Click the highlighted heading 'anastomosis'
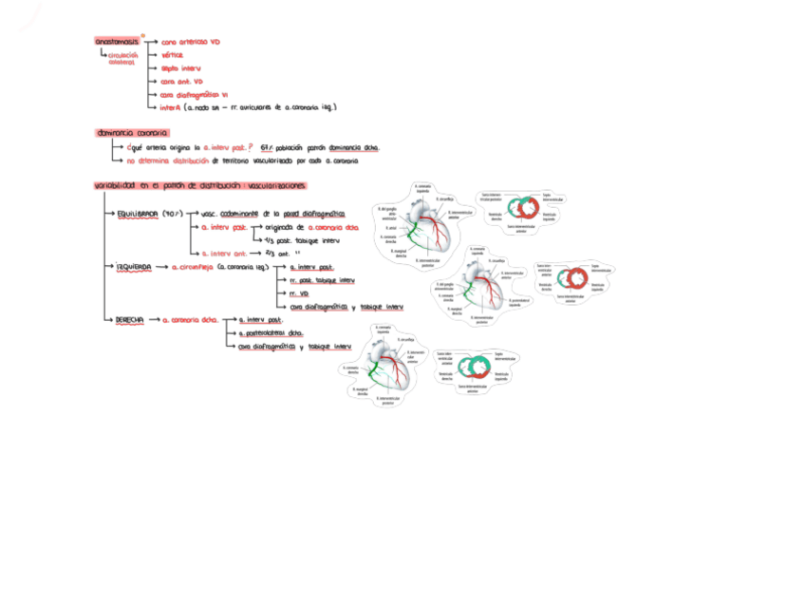(117, 42)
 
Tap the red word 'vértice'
(172, 55)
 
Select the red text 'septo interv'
(180, 68)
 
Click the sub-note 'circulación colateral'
(123, 58)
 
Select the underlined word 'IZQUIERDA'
(134, 268)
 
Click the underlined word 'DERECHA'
(129, 321)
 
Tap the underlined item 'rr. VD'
(298, 294)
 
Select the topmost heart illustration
(423, 227)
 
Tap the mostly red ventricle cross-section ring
(572, 279)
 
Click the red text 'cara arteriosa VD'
(191, 42)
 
